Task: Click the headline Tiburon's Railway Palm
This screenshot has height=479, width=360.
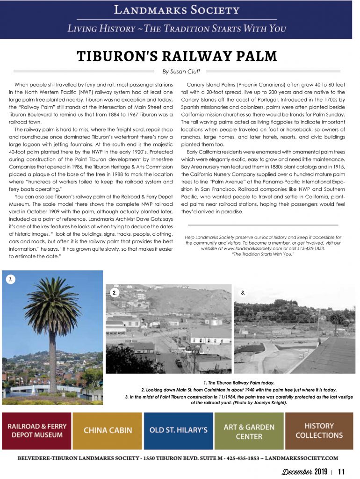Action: pos(177,57)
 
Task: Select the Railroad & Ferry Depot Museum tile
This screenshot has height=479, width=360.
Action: pos(37,431)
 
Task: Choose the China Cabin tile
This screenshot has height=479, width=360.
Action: pos(108,431)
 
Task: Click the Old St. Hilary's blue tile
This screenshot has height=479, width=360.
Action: pos(178,431)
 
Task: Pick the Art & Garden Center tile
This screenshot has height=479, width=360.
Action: pos(249,431)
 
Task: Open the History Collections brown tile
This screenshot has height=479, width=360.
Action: pos(319,431)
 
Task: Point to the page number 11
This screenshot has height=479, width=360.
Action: pos(341,471)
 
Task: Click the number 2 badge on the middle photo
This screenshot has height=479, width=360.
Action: pos(114,293)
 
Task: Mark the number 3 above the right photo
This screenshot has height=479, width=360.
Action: pos(243,293)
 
